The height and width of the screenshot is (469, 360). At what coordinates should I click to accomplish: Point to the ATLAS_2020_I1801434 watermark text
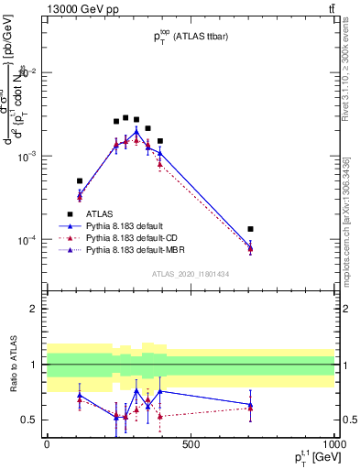pyautogui.click(x=191, y=274)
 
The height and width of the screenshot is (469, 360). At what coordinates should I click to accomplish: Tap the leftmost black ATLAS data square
pyautogui.click(x=80, y=181)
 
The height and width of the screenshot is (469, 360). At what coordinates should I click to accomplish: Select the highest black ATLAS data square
pyautogui.click(x=125, y=117)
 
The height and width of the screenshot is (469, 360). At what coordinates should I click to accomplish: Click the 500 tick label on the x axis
pyautogui.click(x=191, y=444)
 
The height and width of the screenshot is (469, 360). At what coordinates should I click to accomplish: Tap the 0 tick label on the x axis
pyautogui.click(x=47, y=444)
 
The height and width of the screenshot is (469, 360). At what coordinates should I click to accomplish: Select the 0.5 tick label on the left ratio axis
pyautogui.click(x=33, y=420)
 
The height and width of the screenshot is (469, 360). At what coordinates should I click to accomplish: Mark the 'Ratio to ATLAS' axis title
pyautogui.click(x=13, y=365)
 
